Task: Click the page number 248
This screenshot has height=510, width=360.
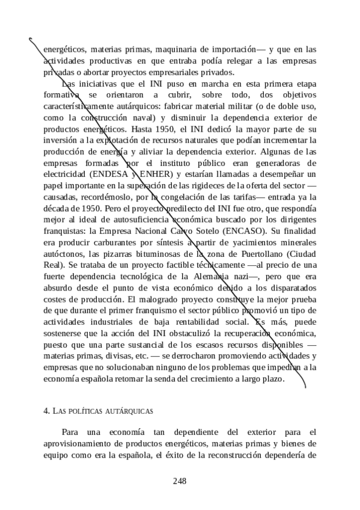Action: click(x=180, y=480)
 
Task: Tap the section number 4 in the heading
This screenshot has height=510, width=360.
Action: click(x=46, y=411)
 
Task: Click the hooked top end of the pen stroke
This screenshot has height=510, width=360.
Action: click(x=31, y=39)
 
